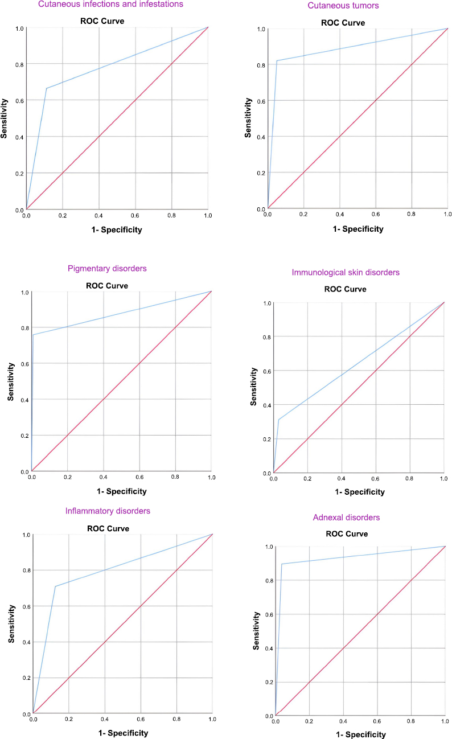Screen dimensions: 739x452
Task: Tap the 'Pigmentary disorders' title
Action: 111,268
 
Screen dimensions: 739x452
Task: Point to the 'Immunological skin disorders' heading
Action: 346,273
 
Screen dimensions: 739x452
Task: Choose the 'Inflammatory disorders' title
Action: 108,511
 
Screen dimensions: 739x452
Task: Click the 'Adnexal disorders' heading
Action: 346,518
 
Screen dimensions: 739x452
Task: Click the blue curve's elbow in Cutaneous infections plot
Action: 46,88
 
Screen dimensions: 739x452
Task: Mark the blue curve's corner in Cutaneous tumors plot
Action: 277,61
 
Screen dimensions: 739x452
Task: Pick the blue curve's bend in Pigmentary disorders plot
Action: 33,335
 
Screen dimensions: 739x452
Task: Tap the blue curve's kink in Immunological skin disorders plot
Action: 278,420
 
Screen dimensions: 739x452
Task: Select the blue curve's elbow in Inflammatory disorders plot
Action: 55,586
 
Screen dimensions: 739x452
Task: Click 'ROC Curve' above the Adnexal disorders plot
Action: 346,534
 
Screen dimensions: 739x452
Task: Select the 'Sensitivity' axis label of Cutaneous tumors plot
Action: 248,118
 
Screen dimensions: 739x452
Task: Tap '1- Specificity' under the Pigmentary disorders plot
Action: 121,491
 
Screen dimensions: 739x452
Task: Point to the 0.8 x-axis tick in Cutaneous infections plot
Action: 171,216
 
